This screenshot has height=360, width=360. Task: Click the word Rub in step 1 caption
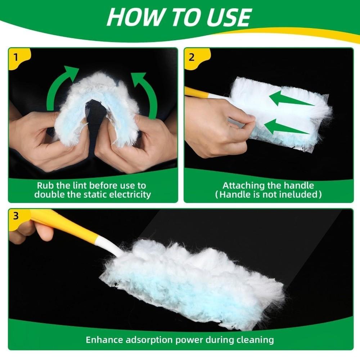pyautogui.click(x=45, y=186)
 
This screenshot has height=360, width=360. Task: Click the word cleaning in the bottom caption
pyautogui.click(x=256, y=339)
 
